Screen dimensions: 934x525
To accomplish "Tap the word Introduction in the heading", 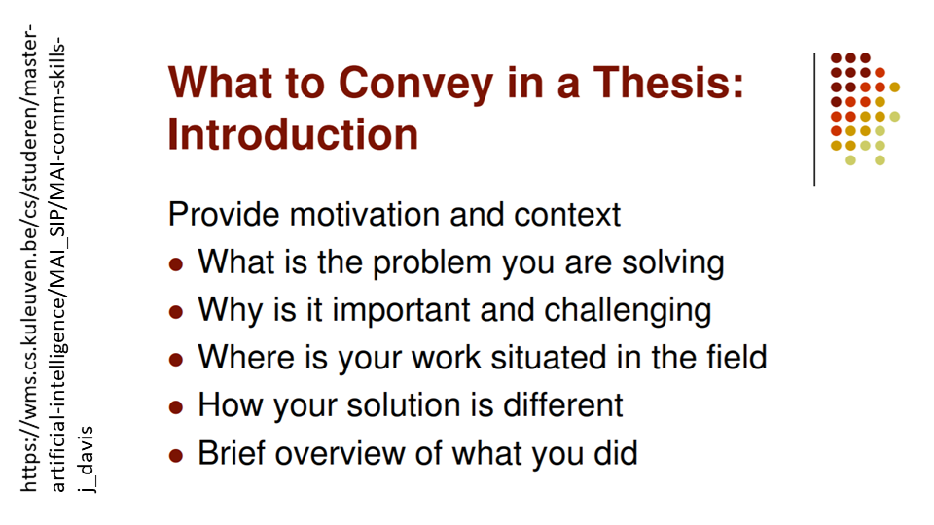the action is (293, 134).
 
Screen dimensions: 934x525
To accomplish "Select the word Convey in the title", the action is (415, 84).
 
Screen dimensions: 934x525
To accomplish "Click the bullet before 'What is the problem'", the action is (176, 264).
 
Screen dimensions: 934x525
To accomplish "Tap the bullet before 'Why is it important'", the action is (176, 312).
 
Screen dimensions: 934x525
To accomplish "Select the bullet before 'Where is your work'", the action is (176, 360).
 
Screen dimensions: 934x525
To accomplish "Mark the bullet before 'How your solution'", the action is (176, 407).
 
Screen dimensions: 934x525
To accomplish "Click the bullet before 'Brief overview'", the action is (176, 455).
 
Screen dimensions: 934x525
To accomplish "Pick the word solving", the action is (673, 263).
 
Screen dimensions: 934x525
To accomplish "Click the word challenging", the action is (628, 311).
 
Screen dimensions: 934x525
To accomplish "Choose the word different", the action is (563, 405).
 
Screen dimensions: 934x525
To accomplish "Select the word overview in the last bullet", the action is (340, 454).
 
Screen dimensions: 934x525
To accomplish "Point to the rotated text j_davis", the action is (87, 459).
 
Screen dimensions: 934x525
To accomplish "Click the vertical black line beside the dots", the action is (814, 119).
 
